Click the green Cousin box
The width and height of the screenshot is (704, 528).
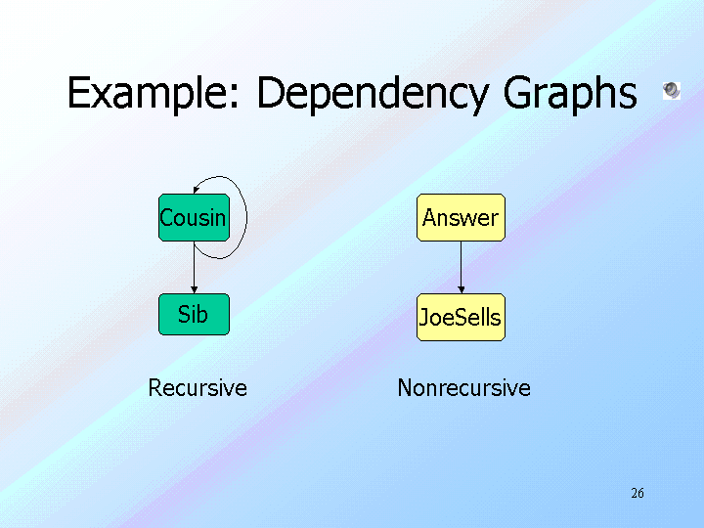[193, 217]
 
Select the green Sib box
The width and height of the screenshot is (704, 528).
[194, 315]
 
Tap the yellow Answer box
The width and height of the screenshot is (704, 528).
[461, 217]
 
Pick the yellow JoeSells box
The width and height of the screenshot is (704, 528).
[461, 317]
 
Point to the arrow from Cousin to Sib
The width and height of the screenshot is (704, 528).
[194, 266]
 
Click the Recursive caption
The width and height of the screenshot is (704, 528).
[198, 388]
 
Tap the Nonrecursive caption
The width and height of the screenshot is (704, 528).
[463, 388]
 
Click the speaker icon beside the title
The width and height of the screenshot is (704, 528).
[671, 90]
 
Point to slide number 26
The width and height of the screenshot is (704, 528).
[638, 493]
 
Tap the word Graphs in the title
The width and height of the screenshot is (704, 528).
[570, 95]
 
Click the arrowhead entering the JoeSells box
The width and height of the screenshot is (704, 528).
[461, 289]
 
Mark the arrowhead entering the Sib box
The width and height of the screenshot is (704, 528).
[194, 289]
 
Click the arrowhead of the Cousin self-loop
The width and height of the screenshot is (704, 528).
[197, 191]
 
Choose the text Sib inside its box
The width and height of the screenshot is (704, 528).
[193, 315]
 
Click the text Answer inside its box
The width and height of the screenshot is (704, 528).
[461, 218]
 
